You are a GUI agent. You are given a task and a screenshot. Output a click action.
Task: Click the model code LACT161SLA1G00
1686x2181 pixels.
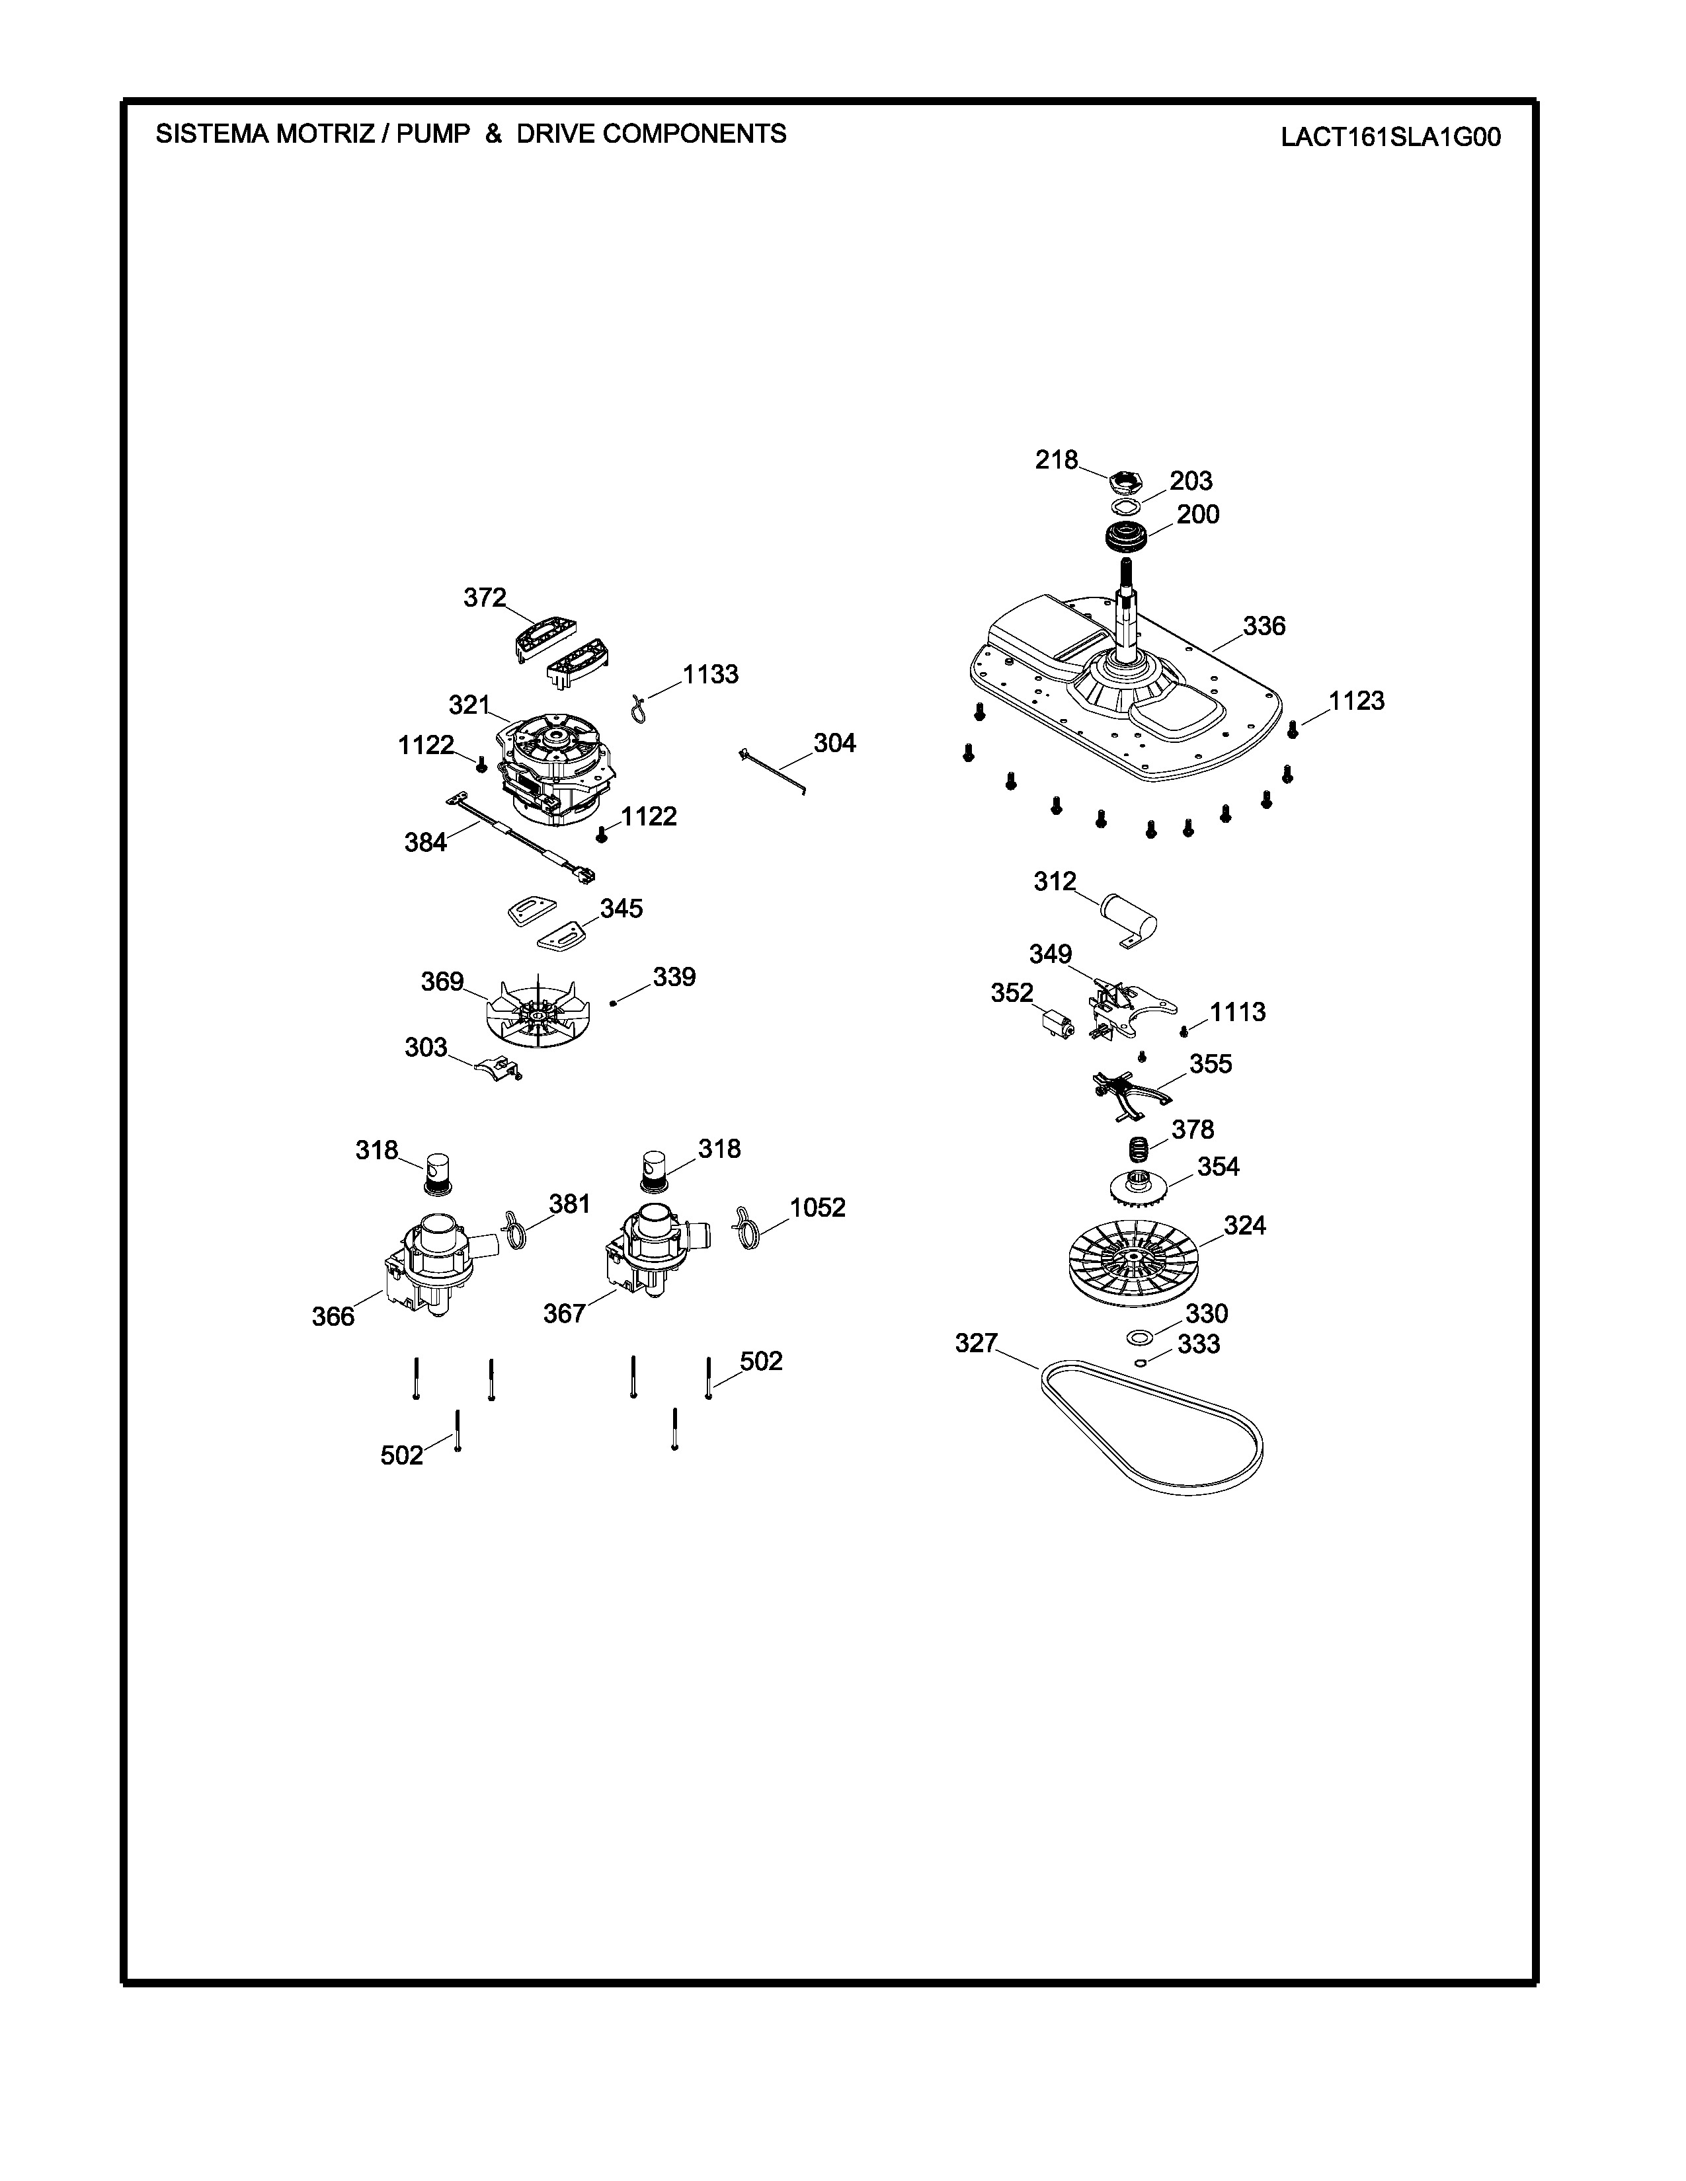pos(1390,137)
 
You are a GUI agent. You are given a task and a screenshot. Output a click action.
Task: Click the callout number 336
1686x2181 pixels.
pos(1264,626)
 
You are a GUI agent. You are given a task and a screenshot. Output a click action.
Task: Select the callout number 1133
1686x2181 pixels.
pos(710,674)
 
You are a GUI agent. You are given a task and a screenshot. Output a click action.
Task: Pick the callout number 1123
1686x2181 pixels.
pos(1356,701)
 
